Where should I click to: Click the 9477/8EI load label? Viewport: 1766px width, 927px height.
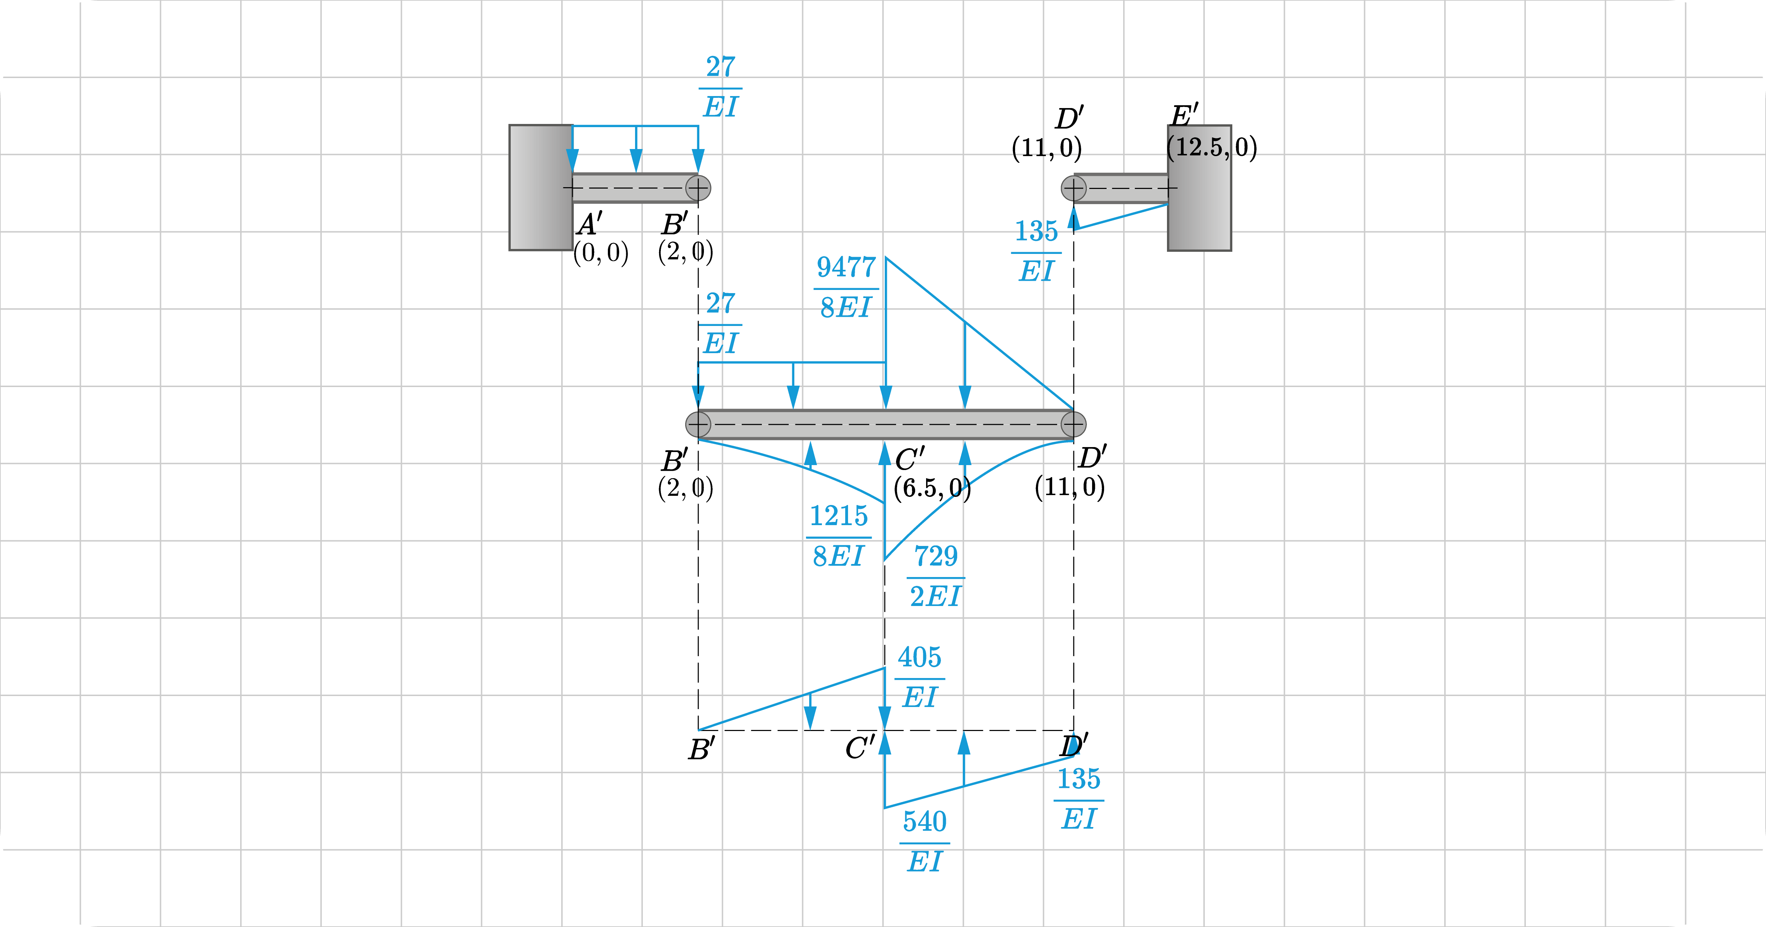[x=846, y=288]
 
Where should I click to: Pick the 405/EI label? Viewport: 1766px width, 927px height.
[x=919, y=677]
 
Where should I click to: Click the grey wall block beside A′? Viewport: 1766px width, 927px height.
[x=541, y=187]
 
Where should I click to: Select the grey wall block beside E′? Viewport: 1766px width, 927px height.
[x=1200, y=187]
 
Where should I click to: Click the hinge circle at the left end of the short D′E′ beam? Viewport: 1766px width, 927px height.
[x=1074, y=188]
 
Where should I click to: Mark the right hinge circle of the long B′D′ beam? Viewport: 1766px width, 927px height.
[x=1074, y=424]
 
